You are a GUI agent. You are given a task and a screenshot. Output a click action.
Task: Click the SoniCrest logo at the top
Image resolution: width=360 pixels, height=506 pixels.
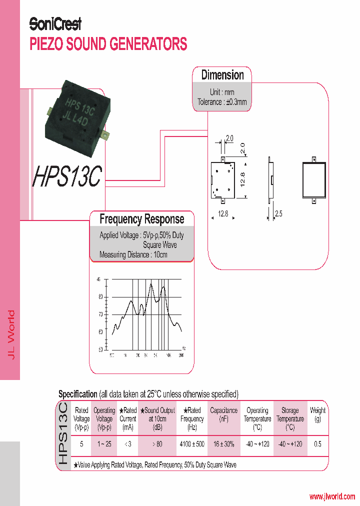click(x=55, y=24)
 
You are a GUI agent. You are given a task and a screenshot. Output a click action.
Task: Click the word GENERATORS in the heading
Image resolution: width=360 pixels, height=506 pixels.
click(x=148, y=44)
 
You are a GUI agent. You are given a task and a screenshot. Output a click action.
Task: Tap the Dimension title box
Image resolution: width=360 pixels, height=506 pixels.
click(x=222, y=75)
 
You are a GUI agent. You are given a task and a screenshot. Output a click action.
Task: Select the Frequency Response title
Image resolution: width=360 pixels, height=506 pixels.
click(x=141, y=219)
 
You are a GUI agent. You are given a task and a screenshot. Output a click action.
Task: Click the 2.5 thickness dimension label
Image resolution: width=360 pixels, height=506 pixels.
click(x=278, y=214)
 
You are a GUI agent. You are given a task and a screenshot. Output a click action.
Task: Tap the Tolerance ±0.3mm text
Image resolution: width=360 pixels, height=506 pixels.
click(x=222, y=102)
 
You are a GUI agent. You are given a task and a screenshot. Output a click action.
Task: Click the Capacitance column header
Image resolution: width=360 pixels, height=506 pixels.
click(x=223, y=414)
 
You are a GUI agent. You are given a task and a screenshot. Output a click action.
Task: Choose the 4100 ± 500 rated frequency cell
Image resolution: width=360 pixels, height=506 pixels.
click(x=192, y=444)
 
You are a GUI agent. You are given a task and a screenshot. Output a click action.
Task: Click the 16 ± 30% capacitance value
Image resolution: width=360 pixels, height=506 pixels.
click(x=223, y=444)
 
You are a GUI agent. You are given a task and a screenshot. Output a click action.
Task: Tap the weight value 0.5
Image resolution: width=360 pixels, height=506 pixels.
click(x=317, y=444)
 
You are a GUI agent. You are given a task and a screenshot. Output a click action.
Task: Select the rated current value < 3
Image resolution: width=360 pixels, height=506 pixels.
click(x=128, y=444)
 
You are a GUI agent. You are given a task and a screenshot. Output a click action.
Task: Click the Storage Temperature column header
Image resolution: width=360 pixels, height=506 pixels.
click(x=289, y=418)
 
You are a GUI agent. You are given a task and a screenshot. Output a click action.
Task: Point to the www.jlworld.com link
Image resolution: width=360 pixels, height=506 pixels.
click(x=332, y=496)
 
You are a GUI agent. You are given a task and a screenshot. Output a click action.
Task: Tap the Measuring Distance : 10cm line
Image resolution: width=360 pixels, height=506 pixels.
click(x=133, y=254)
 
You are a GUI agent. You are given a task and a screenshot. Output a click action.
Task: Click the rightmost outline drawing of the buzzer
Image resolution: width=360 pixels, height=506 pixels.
click(x=314, y=180)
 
